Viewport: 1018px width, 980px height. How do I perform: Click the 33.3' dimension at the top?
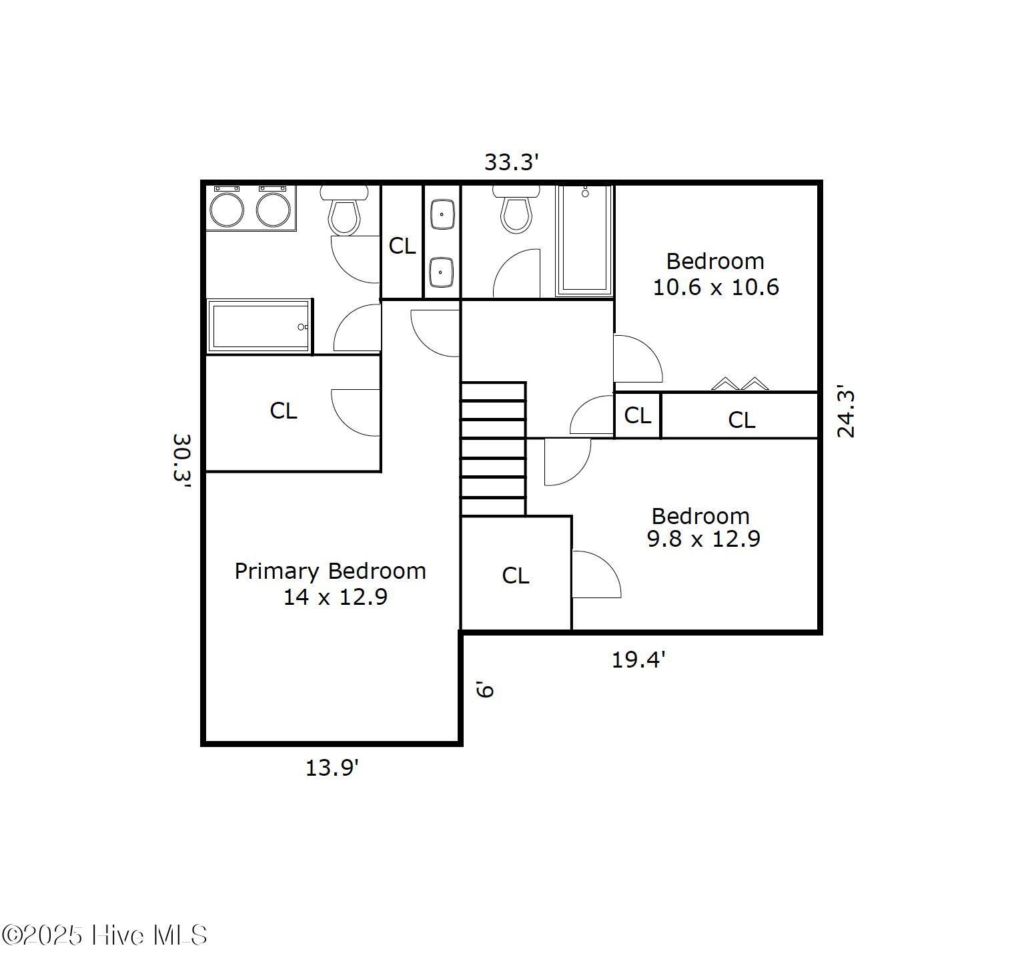(x=511, y=162)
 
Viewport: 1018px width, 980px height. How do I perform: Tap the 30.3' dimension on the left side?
(x=182, y=463)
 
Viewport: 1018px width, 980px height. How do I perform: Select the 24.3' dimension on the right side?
(x=846, y=411)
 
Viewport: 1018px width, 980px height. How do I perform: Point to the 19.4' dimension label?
(x=638, y=660)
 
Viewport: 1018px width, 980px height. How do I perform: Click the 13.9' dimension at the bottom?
(x=332, y=768)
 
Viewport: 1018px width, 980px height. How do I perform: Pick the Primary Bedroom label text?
(x=330, y=571)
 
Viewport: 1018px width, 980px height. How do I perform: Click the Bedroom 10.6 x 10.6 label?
(x=715, y=274)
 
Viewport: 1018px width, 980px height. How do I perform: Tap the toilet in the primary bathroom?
(x=344, y=210)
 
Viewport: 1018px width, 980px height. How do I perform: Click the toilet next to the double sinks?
(x=517, y=208)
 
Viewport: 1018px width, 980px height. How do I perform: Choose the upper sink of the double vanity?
(x=442, y=215)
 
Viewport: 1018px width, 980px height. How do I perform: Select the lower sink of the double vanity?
(x=442, y=271)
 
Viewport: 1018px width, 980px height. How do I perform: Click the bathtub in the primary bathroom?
(x=259, y=326)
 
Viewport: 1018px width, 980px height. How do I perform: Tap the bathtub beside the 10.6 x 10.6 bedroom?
(x=584, y=240)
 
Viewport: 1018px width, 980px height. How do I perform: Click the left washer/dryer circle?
(x=227, y=209)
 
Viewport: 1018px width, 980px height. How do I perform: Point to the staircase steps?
(x=493, y=449)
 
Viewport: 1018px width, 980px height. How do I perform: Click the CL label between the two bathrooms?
(x=402, y=246)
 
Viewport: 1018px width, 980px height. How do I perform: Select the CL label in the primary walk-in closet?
(x=284, y=411)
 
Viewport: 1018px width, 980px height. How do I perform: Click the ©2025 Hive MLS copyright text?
(x=105, y=935)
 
